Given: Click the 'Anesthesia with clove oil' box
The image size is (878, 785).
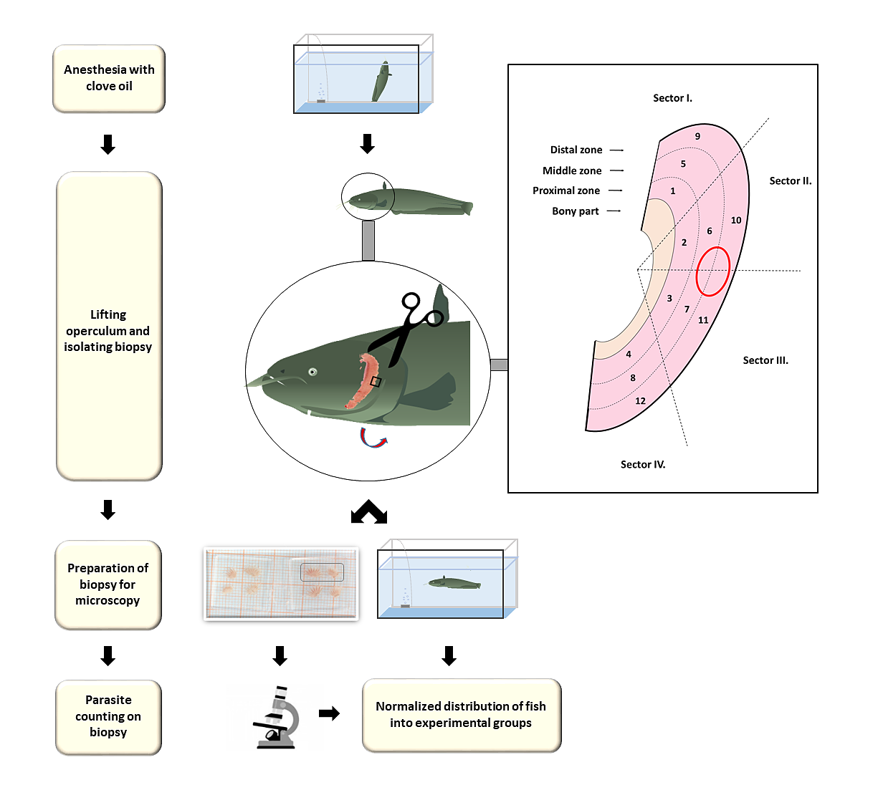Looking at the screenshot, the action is tap(109, 78).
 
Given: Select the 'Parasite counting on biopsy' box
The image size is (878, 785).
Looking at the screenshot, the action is tap(108, 717).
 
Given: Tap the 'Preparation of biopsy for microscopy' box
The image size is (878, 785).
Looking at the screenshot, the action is tap(108, 584).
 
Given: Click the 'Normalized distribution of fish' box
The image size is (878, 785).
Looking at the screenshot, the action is tap(461, 716).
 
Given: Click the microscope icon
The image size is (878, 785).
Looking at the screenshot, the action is tap(277, 717).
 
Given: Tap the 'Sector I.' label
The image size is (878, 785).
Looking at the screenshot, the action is tap(672, 98).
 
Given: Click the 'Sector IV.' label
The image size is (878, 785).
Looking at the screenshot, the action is tap(643, 464).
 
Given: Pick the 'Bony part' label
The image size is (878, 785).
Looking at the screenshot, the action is tap(575, 211).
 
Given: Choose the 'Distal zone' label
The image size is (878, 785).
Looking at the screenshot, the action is tap(576, 150).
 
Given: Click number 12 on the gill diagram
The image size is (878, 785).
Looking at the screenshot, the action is tap(640, 400).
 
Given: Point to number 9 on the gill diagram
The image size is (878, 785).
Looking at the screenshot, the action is tap(697, 136).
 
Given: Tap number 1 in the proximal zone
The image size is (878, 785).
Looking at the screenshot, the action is tap(672, 191).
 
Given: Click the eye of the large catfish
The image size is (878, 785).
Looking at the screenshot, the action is tap(312, 372).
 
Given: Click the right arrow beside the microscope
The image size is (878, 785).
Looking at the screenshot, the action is tap(329, 713).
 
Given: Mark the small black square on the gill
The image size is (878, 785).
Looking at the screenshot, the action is tap(376, 382).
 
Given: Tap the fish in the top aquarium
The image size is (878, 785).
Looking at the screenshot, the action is tap(381, 82).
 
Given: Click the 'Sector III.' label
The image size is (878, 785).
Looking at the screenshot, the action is tap(765, 360).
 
